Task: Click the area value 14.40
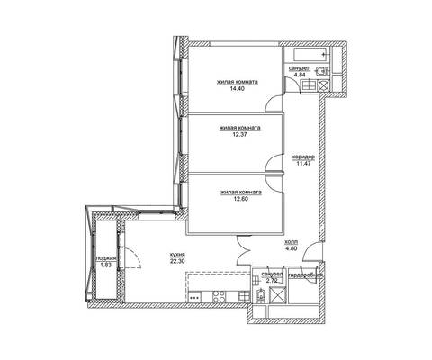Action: (238, 89)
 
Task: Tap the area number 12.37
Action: (240, 135)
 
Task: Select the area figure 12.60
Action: (241, 199)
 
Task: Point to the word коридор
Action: (303, 157)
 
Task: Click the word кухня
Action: (177, 255)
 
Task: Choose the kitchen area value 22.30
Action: (177, 261)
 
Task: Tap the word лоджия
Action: (106, 258)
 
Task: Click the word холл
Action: (291, 241)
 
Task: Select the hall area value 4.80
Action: (291, 248)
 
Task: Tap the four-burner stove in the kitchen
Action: (219, 296)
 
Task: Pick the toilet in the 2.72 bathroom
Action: (262, 295)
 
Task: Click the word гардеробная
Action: (305, 275)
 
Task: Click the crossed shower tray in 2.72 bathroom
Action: (276, 295)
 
